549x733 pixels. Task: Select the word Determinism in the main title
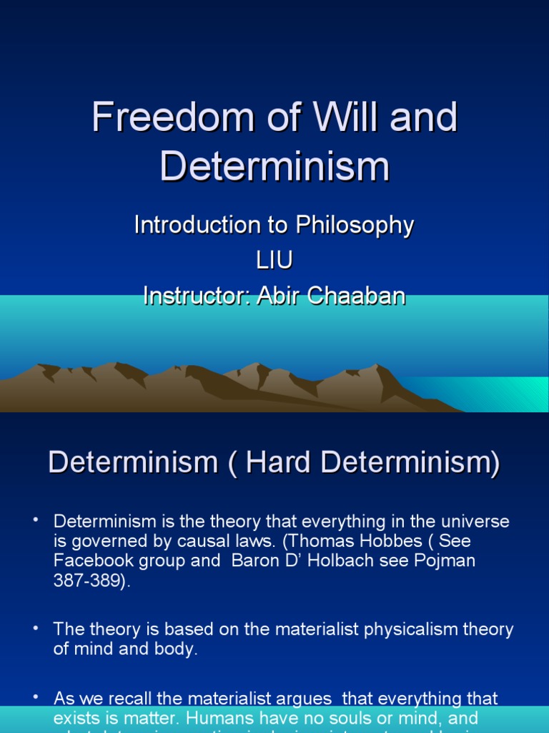coord(274,166)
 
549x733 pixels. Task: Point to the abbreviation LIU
coord(274,261)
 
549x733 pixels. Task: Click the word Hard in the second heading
coord(279,462)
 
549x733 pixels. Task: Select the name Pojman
coord(442,560)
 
